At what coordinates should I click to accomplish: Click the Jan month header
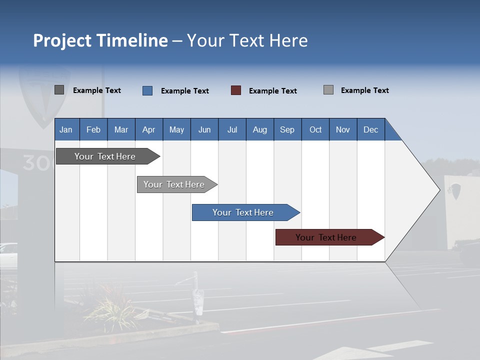point(66,129)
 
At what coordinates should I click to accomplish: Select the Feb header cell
point(93,129)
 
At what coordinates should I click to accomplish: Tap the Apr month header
point(149,129)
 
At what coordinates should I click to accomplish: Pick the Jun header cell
point(204,129)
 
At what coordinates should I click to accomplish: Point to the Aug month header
point(260,129)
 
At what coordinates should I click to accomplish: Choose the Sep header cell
point(287,129)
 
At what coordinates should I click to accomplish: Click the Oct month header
point(315,129)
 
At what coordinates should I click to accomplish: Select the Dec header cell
point(371,129)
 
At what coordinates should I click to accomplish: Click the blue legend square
point(147,90)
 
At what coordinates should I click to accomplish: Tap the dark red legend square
point(236,90)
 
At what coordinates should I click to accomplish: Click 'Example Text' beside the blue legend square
point(185,91)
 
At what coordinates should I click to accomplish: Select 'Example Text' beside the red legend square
point(273,91)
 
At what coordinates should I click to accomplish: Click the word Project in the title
point(62,40)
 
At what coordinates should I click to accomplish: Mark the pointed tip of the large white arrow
point(439,190)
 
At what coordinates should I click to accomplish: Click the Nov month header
point(343,129)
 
